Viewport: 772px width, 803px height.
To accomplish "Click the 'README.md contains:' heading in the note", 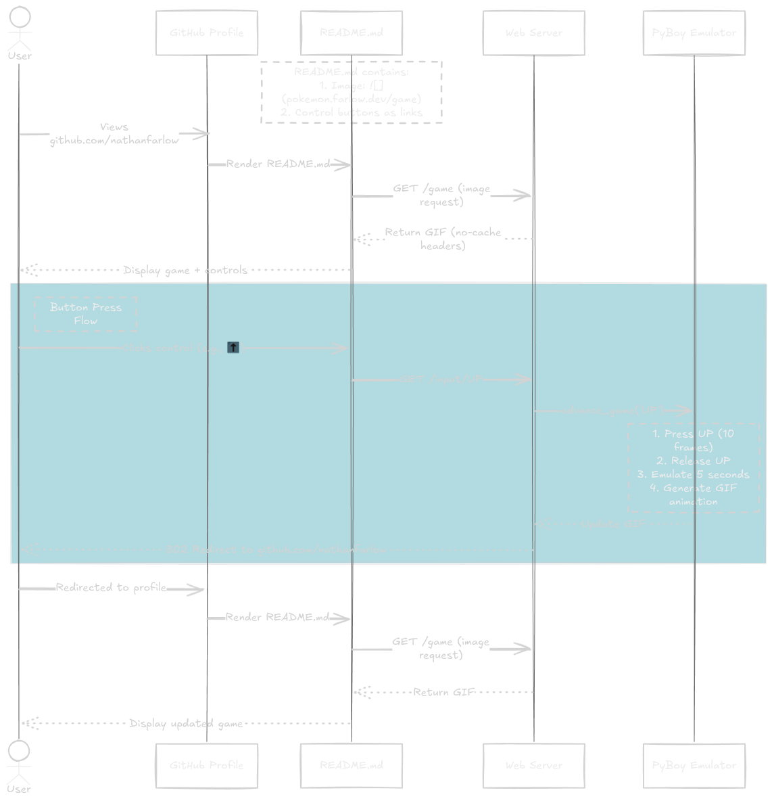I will click(352, 72).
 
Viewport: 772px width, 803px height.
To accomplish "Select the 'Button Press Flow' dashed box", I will click(86, 314).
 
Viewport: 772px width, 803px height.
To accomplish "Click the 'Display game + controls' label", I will click(185, 270).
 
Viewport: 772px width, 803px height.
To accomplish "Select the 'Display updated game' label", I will click(186, 723).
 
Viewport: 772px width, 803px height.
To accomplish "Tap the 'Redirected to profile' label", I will click(111, 587).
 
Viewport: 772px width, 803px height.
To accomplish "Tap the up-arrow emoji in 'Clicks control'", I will click(233, 348).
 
